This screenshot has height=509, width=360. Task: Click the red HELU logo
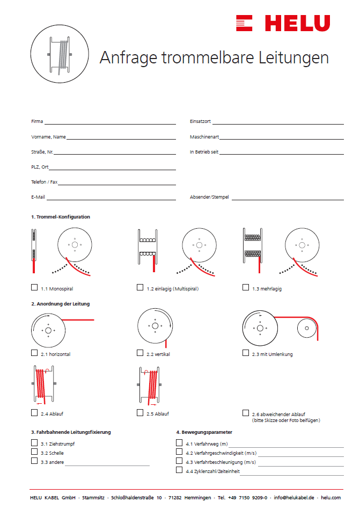tap(283, 23)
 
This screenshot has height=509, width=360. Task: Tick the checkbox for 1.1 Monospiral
tap(34, 287)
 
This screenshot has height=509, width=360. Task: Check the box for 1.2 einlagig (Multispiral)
tap(140, 287)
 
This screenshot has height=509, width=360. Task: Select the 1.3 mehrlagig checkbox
tap(246, 287)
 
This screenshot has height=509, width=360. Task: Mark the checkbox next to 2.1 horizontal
tap(34, 353)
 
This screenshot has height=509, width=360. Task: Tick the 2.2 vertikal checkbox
tap(140, 353)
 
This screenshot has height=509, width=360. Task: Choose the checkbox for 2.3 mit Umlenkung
tap(246, 353)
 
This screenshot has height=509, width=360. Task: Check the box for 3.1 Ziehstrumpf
tap(34, 443)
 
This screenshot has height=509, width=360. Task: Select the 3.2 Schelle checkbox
tap(34, 452)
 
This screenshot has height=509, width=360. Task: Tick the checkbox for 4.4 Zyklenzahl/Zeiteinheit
tap(179, 470)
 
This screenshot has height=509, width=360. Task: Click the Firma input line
tap(110, 123)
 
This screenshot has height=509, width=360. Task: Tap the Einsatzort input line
tap(278, 123)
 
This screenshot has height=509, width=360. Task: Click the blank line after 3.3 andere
tap(107, 463)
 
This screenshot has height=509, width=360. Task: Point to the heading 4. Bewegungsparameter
tap(204, 432)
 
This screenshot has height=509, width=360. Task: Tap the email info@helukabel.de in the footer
tap(294, 498)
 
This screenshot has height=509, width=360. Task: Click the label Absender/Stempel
tap(209, 197)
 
